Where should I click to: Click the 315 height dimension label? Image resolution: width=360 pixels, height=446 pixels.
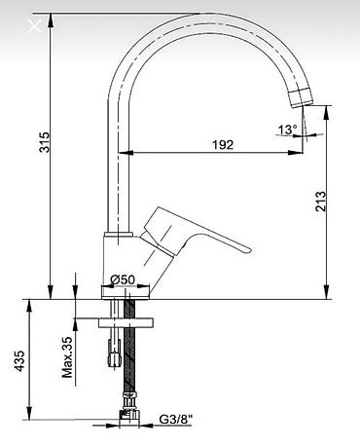pos(45,142)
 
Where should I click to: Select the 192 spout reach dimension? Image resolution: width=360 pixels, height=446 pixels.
pos(223,144)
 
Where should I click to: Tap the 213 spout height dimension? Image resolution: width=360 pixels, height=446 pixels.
pos(320,202)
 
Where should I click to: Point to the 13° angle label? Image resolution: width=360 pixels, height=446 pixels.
pos(287,130)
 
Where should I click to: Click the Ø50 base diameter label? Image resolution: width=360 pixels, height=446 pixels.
pos(123,279)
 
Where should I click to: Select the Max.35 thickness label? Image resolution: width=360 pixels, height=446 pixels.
pos(67,357)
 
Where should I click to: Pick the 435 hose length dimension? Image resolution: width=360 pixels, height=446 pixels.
pos(19,360)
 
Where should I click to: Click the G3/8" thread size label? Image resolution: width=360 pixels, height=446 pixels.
pos(175,420)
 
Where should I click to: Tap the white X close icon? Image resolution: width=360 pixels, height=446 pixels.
pos(34,26)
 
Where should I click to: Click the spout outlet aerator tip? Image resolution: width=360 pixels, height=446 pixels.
pos(301,97)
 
